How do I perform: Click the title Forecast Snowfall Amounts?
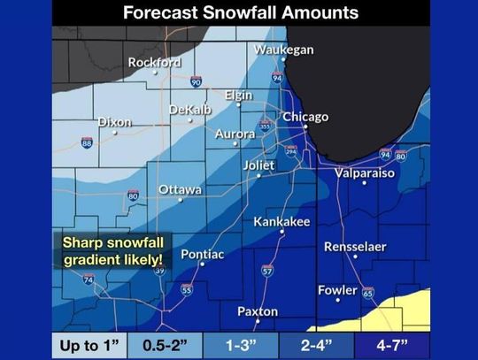240,13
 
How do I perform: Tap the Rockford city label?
154,63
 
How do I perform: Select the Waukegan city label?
283,50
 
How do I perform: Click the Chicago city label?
305,117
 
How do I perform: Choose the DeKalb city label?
189,109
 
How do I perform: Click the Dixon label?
115,122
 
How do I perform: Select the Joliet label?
260,165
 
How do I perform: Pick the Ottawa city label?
180,190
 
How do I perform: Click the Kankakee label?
281,221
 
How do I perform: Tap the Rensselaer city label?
355,247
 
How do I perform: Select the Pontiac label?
202,255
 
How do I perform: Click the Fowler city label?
337,290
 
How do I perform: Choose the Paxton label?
258,311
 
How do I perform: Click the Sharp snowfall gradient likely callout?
112,250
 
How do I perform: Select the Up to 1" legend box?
90,343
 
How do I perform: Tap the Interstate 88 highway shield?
87,142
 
